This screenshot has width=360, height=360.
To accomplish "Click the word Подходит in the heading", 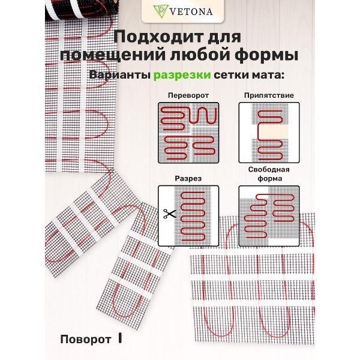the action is tap(152, 37).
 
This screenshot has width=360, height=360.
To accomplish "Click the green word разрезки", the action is tap(181, 76).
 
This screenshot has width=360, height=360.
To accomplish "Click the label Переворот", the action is tap(188, 95).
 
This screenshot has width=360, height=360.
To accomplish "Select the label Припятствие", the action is tap(269, 95).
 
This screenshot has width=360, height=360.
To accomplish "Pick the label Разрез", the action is tap(188, 178).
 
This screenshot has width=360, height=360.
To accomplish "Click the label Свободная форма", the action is tap(269, 174).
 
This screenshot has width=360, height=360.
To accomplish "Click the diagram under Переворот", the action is tap(188, 132).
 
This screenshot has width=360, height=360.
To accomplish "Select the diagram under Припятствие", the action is tap(269, 132).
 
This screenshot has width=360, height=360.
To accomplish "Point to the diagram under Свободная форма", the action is tap(269, 213).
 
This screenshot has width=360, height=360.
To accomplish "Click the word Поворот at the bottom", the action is tap(86, 339).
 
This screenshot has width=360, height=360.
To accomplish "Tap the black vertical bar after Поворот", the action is tap(120, 339).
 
